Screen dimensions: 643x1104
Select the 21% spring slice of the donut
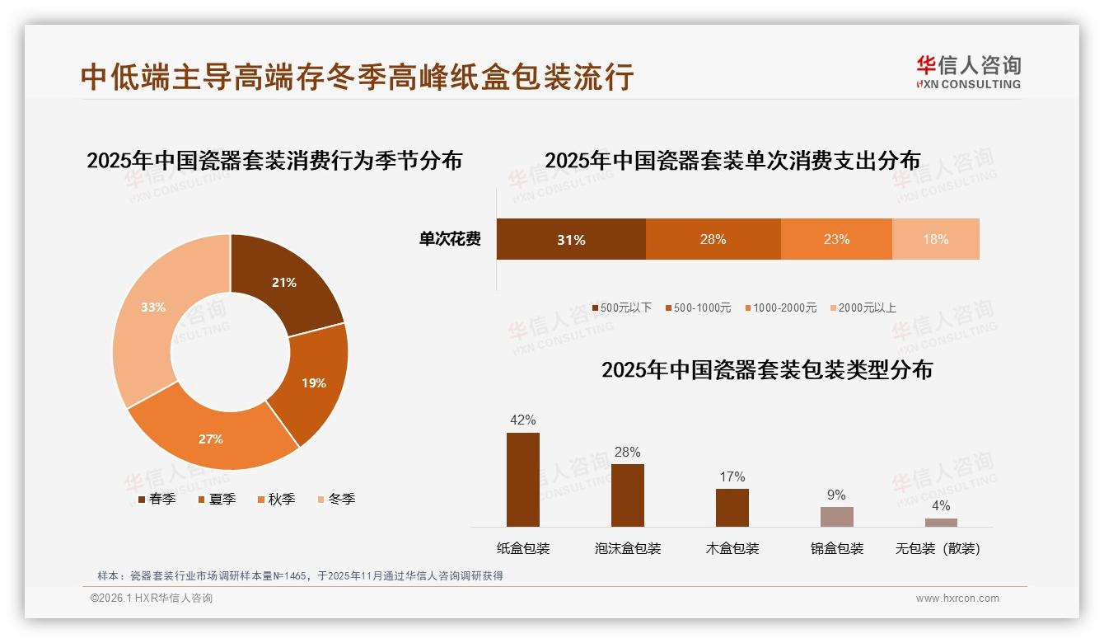click(x=284, y=284)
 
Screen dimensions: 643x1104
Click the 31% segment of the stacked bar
click(x=571, y=239)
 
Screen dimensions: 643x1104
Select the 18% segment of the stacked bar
click(x=935, y=239)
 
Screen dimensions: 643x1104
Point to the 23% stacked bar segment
click(x=836, y=239)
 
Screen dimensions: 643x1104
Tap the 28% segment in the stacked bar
click(x=713, y=239)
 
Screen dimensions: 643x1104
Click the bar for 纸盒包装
click(x=523, y=480)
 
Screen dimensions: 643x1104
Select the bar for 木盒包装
click(x=732, y=507)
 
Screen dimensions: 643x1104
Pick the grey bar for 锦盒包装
click(x=836, y=517)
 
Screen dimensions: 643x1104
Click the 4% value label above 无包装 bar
click(x=941, y=505)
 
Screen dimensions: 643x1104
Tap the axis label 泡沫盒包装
click(x=628, y=548)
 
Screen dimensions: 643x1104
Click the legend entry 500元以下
click(x=622, y=307)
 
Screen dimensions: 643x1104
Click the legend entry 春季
click(x=157, y=499)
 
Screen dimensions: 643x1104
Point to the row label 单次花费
click(x=450, y=239)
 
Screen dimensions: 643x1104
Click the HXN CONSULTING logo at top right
click(x=968, y=73)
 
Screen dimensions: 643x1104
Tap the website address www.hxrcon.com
click(x=957, y=598)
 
